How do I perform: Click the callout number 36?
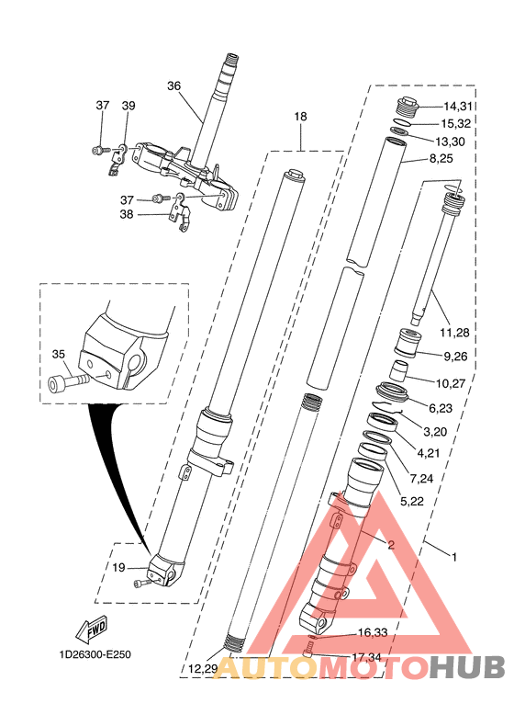click(x=174, y=86)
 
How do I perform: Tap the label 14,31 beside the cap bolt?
click(x=458, y=107)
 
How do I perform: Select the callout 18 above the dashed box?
click(x=300, y=117)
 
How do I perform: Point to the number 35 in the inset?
click(x=59, y=354)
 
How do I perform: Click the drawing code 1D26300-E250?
click(x=95, y=654)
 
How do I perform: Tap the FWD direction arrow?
click(x=92, y=630)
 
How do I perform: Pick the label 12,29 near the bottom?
click(x=203, y=669)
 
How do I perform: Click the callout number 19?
click(x=119, y=567)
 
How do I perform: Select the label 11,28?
click(x=454, y=333)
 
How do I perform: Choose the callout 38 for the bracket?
click(x=127, y=214)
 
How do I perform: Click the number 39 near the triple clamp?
click(x=128, y=106)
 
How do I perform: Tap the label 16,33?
click(x=373, y=632)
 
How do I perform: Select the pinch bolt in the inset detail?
click(x=69, y=382)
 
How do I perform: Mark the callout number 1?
click(x=454, y=557)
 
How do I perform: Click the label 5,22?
click(x=412, y=502)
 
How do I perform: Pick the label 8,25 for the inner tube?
click(x=441, y=159)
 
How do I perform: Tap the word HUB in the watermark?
click(x=467, y=668)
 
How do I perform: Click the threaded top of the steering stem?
click(x=231, y=59)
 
